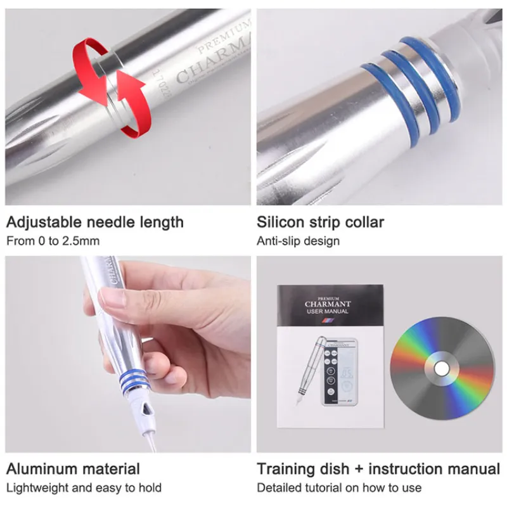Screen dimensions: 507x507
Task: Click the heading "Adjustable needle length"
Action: coord(95,222)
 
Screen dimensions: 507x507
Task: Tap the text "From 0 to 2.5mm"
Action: coord(53,241)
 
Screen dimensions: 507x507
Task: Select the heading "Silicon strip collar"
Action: coord(320,222)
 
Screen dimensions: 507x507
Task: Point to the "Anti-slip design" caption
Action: coord(298,241)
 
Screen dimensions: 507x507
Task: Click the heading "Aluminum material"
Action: coord(73,469)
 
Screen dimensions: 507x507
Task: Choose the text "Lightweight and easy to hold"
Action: coord(84,487)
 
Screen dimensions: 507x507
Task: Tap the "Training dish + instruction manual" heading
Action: coord(378,469)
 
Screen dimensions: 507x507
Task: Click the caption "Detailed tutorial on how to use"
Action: coord(339,487)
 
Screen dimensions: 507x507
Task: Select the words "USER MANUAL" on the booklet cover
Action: coord(328,312)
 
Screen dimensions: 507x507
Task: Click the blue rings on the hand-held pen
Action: coord(136,379)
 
